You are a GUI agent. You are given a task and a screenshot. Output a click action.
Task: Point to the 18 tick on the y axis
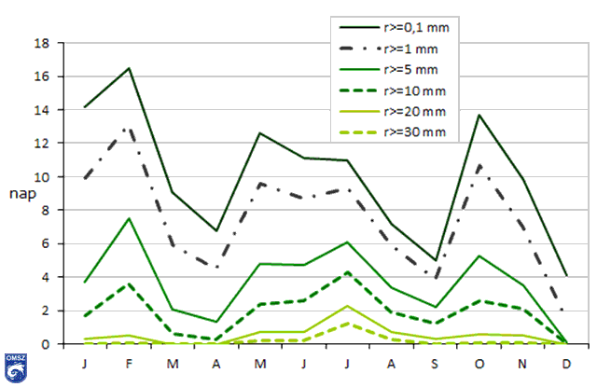pos(43,43)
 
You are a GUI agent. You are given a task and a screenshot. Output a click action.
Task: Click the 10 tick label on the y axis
pos(43,177)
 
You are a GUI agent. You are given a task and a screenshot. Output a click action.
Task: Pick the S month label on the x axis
pos(436,362)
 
